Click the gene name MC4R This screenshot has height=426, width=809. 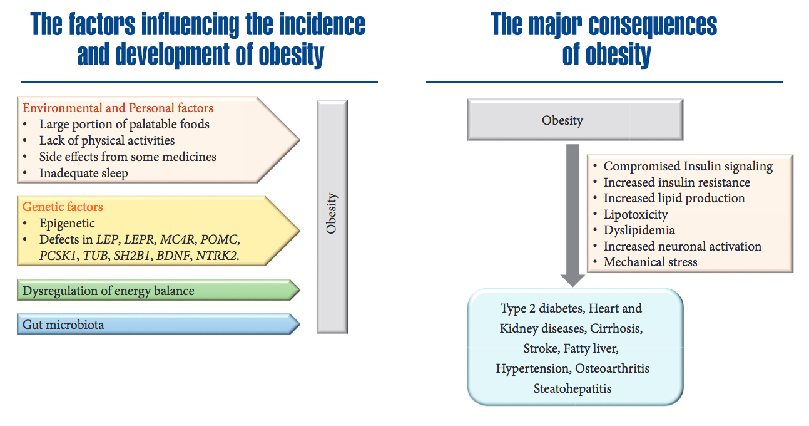coord(176,239)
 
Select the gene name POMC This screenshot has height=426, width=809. coord(219,239)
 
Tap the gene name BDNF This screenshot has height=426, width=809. coord(173,256)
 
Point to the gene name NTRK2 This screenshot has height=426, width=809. coord(216,256)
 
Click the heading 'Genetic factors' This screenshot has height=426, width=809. coord(63,207)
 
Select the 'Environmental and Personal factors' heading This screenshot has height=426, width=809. coord(118,108)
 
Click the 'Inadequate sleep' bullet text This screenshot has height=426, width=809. coord(83,174)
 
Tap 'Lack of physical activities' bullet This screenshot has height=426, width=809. coord(107,141)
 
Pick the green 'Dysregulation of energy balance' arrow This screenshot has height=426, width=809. coord(158,291)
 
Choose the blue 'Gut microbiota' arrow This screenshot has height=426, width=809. coord(158,325)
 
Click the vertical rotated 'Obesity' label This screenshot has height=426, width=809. coord(331,214)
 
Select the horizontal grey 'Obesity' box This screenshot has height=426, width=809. coord(576,120)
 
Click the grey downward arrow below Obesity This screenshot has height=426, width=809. coord(572,216)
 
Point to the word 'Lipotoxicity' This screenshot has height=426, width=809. coord(636,214)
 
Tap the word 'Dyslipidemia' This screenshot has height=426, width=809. coord(639,231)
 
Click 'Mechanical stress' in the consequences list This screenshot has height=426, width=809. coord(651,262)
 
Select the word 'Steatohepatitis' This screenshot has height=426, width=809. coord(572,389)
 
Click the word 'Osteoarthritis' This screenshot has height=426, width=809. coord(612,368)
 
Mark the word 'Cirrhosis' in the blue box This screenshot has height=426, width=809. coord(616,328)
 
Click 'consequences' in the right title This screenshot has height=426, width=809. coord(653,24)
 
